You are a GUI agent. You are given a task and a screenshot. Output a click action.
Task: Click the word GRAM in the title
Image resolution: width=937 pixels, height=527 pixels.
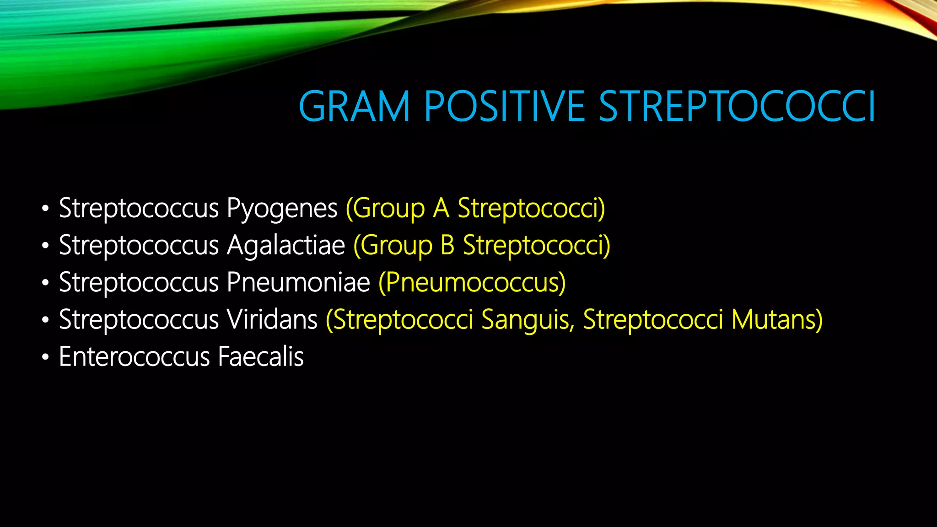click(x=354, y=107)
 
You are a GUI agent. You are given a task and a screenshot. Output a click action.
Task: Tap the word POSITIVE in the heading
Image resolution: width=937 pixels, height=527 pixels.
click(x=505, y=107)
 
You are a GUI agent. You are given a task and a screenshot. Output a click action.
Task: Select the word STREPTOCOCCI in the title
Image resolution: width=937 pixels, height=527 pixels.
click(x=737, y=107)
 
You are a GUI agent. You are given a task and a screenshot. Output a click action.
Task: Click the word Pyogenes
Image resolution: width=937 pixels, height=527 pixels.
click(x=282, y=210)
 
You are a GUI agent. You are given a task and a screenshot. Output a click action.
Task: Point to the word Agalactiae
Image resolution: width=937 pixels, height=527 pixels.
click(x=286, y=246)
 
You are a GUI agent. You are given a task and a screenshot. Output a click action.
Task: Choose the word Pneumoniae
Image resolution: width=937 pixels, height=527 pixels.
click(x=298, y=282)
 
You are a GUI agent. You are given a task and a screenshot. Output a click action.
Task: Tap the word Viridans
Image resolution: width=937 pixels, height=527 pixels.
click(x=272, y=319)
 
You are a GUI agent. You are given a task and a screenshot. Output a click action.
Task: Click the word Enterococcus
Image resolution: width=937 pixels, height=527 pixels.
click(x=135, y=357)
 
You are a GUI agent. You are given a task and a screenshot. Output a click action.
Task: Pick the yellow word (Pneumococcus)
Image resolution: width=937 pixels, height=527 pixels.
click(x=472, y=283)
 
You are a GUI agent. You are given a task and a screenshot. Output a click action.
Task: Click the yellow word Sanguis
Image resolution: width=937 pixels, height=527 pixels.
click(x=528, y=319)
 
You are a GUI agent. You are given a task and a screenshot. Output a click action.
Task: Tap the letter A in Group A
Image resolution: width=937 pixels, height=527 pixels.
click(x=441, y=209)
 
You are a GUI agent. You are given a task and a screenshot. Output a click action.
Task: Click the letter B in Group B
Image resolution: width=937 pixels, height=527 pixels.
click(x=447, y=246)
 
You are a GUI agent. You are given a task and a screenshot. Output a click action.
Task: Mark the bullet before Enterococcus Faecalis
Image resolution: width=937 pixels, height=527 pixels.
click(x=45, y=357)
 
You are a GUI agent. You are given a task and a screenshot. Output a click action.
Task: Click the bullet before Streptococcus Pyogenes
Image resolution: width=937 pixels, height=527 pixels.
click(x=45, y=209)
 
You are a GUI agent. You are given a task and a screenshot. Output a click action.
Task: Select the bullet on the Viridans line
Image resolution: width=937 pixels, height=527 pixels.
click(x=45, y=320)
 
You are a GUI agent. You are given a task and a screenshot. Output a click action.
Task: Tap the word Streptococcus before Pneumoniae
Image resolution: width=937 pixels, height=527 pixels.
click(x=139, y=282)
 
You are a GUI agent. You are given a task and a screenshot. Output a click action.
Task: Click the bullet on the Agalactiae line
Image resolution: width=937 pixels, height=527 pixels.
click(x=45, y=246)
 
